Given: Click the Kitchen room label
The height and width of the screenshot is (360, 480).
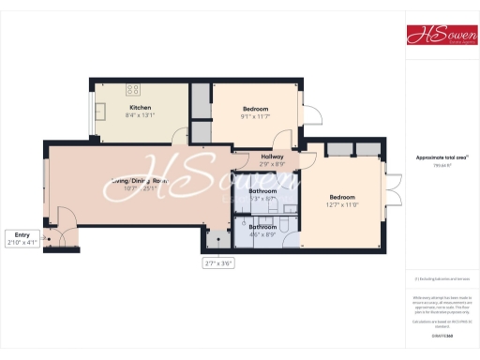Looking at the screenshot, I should point(140,108).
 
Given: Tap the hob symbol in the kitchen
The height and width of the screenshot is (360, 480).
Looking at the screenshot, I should point(133,90).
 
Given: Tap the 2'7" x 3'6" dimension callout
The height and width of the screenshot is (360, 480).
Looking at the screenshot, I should point(217,263).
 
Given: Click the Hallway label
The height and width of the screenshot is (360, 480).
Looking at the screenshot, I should point(272,156).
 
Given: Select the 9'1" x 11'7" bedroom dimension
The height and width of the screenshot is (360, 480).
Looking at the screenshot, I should point(255,116).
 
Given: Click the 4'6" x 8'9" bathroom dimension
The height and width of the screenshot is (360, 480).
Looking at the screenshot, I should point(262,234).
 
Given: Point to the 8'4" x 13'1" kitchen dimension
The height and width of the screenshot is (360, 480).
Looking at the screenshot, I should point(140,116).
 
